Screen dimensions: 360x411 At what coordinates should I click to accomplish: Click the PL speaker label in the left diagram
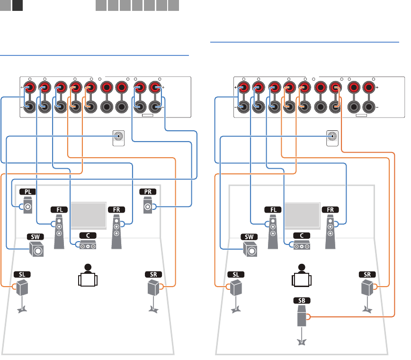[27, 192]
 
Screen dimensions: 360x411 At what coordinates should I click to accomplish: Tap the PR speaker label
[148, 192]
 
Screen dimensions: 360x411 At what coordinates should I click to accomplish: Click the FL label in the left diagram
[58, 209]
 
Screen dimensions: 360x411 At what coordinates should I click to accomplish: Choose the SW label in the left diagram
[35, 235]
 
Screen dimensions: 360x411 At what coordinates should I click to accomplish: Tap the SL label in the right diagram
[236, 274]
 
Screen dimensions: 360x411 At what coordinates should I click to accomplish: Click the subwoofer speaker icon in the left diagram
[36, 249]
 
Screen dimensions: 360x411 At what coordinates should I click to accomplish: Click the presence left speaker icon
[27, 207]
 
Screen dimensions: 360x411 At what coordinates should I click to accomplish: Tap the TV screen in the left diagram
[88, 216]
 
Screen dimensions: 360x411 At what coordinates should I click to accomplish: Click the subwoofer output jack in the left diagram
[119, 137]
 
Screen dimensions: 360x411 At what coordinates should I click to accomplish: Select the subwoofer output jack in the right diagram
[333, 137]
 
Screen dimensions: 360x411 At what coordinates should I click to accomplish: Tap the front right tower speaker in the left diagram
[116, 230]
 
